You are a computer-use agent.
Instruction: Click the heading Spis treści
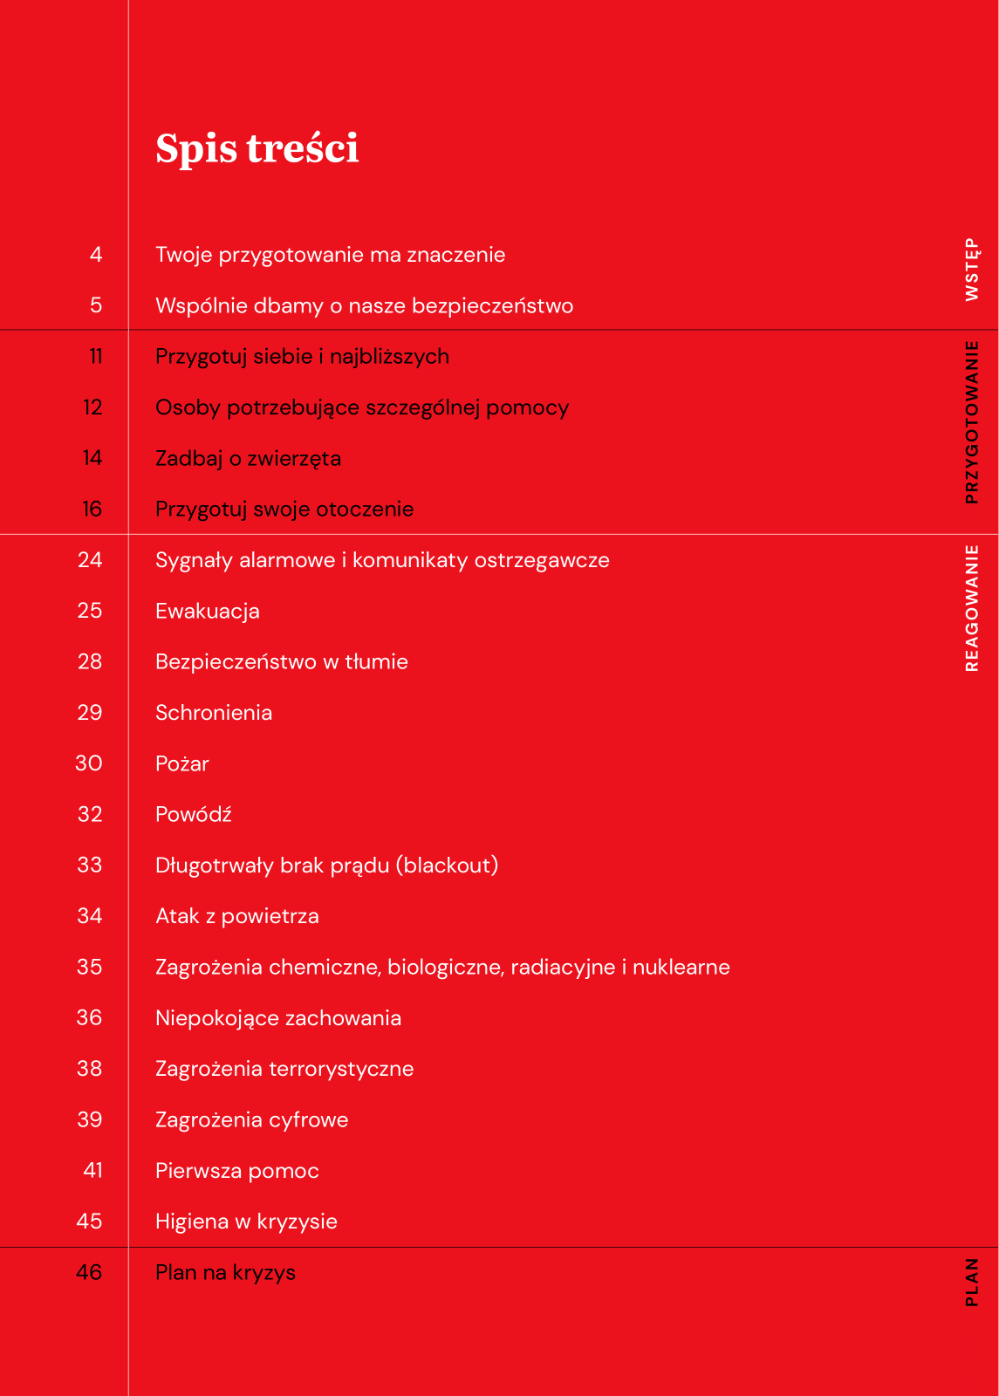pos(257,148)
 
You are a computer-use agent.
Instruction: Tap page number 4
pos(96,255)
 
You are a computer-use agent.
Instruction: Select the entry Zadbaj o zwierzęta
pos(248,459)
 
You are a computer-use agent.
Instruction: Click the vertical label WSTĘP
pos(972,270)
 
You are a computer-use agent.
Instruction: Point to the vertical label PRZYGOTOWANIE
pos(972,422)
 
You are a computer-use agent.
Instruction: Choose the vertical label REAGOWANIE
pos(972,608)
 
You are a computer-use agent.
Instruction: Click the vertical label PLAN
pos(972,1282)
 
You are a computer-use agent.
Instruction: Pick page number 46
pos(89,1273)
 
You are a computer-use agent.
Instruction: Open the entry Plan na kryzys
pos(225,1273)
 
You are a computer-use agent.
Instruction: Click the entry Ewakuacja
pos(208,612)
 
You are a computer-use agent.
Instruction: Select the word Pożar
pos(182,764)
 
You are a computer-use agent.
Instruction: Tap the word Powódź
pos(194,815)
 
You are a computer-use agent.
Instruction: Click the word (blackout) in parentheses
pos(447,866)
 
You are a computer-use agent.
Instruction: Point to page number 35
pos(90,968)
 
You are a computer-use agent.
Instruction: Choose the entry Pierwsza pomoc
pos(237,1171)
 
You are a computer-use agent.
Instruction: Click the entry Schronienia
pos(214,713)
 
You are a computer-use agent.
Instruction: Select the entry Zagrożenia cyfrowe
pos(251,1120)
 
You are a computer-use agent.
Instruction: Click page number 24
pos(90,560)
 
